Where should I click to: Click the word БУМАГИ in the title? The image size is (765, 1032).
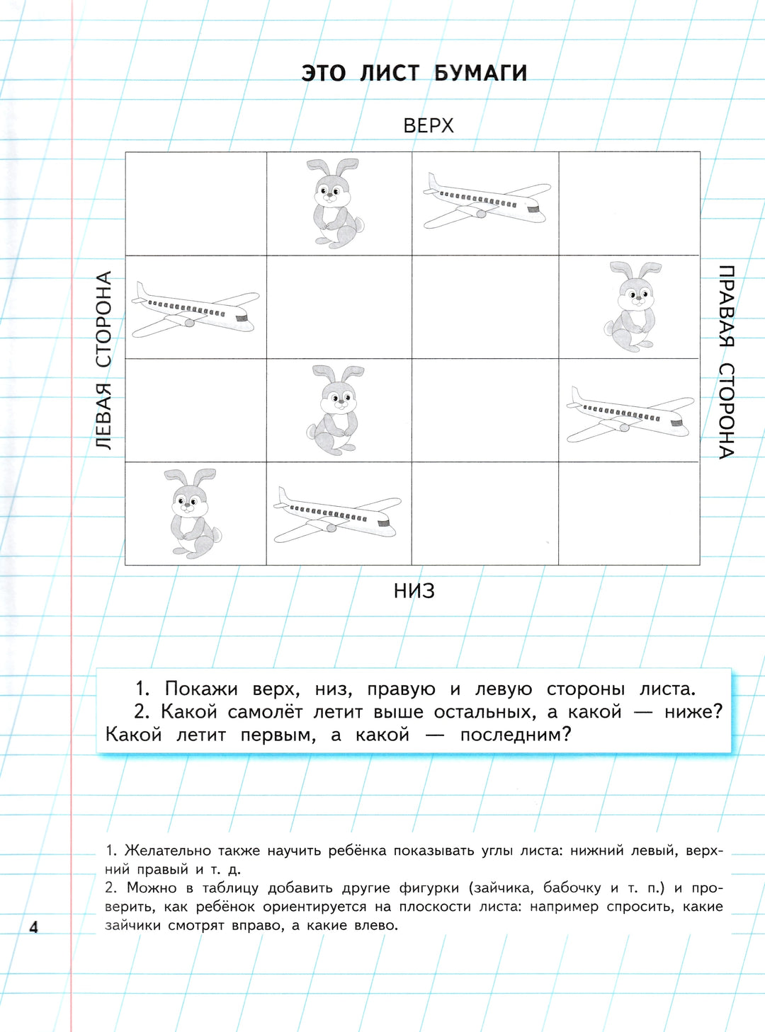pyautogui.click(x=480, y=73)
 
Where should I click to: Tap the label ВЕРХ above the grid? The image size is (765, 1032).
pyautogui.click(x=428, y=125)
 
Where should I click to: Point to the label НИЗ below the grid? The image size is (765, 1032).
pyautogui.click(x=414, y=590)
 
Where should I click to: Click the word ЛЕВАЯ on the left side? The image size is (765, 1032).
pyautogui.click(x=104, y=416)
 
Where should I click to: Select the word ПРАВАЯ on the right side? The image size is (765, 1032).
pyautogui.click(x=727, y=306)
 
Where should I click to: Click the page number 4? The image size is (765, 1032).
pyautogui.click(x=33, y=927)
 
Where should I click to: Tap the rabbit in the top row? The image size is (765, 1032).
pyautogui.click(x=335, y=202)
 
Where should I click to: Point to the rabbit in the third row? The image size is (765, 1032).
pyautogui.click(x=335, y=409)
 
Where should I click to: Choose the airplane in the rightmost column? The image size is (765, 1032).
pyautogui.click(x=630, y=415)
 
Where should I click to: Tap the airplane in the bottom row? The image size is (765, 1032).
pyautogui.click(x=337, y=515)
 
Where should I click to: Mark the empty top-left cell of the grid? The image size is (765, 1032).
pyautogui.click(x=196, y=204)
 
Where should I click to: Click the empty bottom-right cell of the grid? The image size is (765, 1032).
pyautogui.click(x=629, y=514)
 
